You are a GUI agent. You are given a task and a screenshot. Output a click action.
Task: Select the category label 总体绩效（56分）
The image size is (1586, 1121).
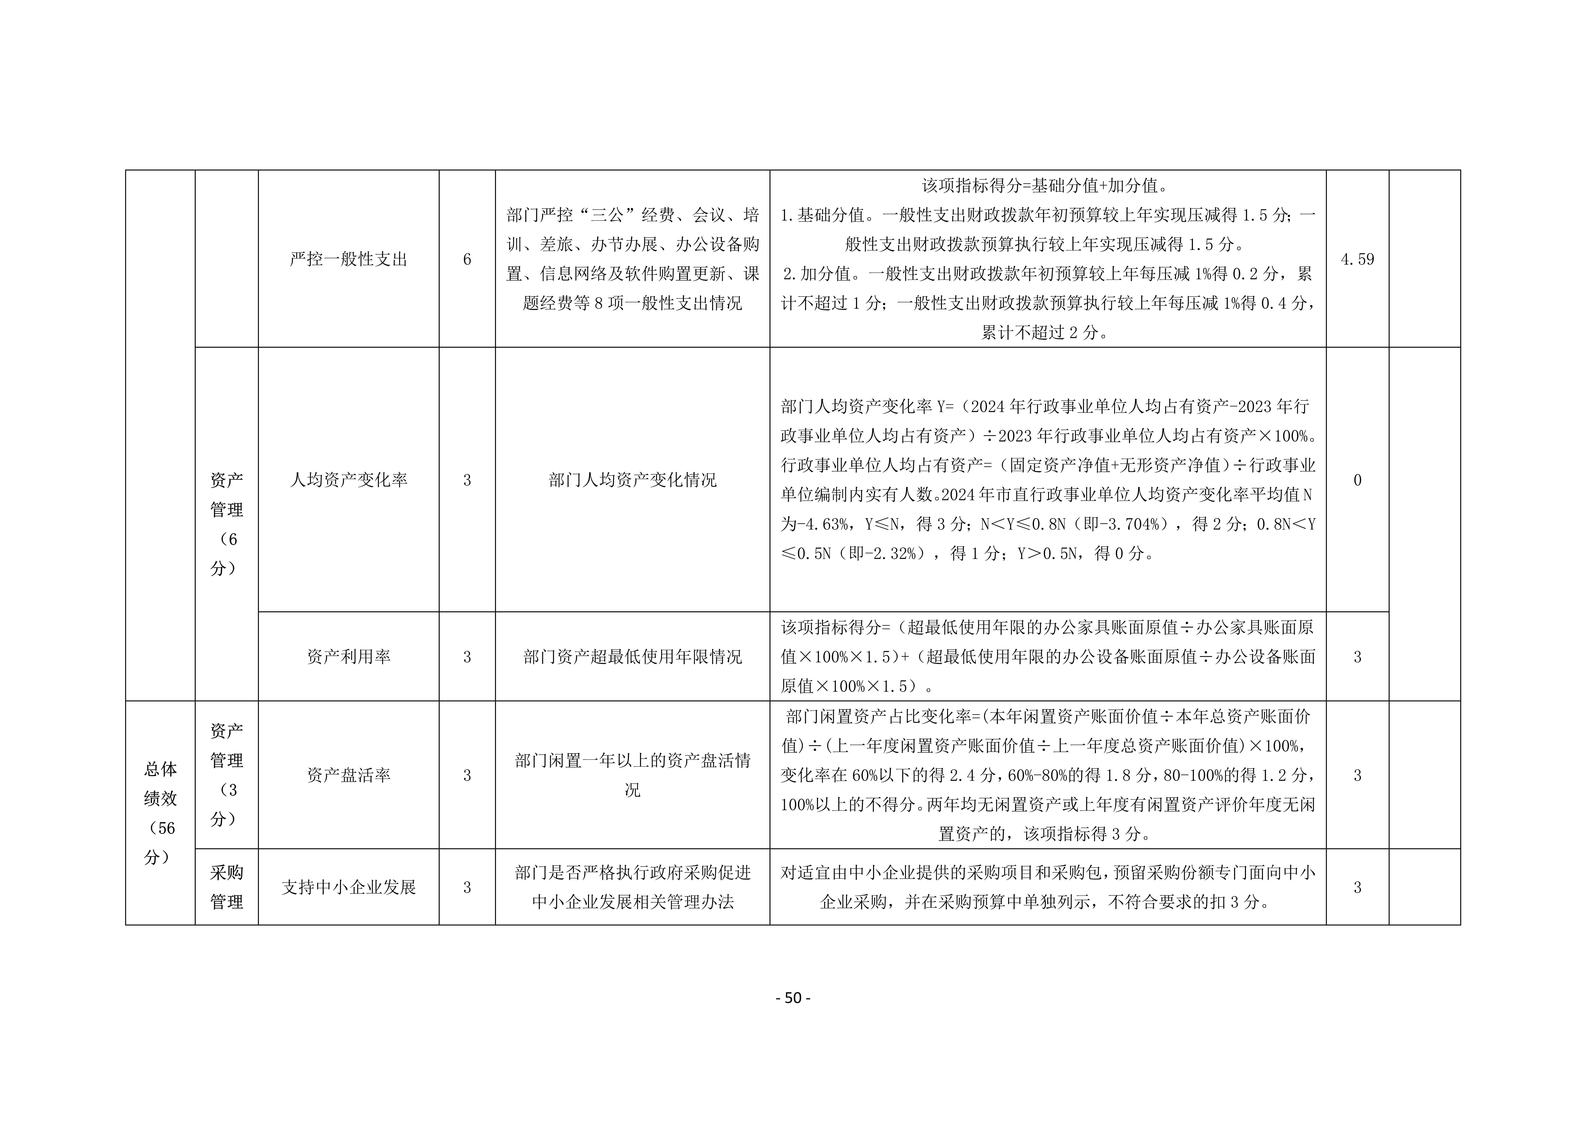pos(160,813)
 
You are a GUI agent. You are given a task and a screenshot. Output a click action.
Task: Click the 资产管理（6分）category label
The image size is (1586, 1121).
pos(227,524)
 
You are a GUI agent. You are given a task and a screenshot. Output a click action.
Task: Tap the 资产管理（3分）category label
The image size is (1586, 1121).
pos(227,775)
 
